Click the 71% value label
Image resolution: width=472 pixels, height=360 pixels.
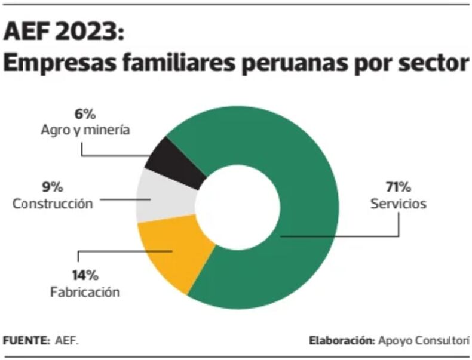[x=398, y=187]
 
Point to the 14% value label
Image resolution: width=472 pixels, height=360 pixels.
[x=85, y=275]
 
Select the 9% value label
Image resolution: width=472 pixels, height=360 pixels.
[x=53, y=187]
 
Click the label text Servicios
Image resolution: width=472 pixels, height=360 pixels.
[x=398, y=204]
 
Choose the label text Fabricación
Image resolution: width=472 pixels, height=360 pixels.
[x=85, y=292]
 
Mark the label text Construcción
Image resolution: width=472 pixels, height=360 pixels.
[x=53, y=204]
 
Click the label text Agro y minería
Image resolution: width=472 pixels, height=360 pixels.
[x=85, y=130]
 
